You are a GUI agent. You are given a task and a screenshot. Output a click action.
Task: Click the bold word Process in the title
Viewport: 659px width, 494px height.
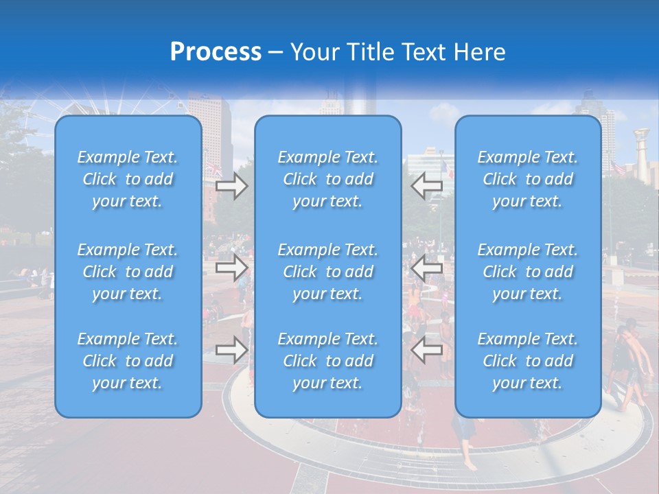tap(216, 52)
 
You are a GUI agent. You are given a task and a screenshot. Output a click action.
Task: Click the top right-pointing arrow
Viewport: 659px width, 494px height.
tap(231, 186)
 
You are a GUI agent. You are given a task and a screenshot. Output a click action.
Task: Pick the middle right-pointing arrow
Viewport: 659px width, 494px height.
tap(231, 268)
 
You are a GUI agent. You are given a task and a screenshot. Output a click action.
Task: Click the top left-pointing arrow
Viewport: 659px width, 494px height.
tap(426, 186)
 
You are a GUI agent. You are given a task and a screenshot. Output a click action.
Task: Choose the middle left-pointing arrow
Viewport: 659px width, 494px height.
tap(426, 268)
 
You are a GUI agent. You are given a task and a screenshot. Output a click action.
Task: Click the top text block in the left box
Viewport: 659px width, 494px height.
tap(128, 179)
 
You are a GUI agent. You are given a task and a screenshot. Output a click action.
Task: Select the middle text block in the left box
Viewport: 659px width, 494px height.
tap(128, 272)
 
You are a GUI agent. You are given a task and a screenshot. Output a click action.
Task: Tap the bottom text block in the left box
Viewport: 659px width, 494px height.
tap(128, 361)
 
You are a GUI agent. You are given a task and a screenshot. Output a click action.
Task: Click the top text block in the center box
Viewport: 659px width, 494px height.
tap(327, 179)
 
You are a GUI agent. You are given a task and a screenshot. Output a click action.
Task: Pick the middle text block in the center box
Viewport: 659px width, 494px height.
tap(327, 272)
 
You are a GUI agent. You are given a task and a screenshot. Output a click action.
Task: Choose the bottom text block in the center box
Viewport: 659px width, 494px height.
tap(327, 361)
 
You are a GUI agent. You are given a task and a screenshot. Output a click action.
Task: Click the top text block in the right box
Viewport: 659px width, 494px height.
tap(528, 179)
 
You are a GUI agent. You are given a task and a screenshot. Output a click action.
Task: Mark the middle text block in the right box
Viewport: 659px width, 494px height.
tap(528, 272)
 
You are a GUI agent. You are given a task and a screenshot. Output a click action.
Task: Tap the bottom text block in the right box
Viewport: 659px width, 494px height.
tap(528, 361)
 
